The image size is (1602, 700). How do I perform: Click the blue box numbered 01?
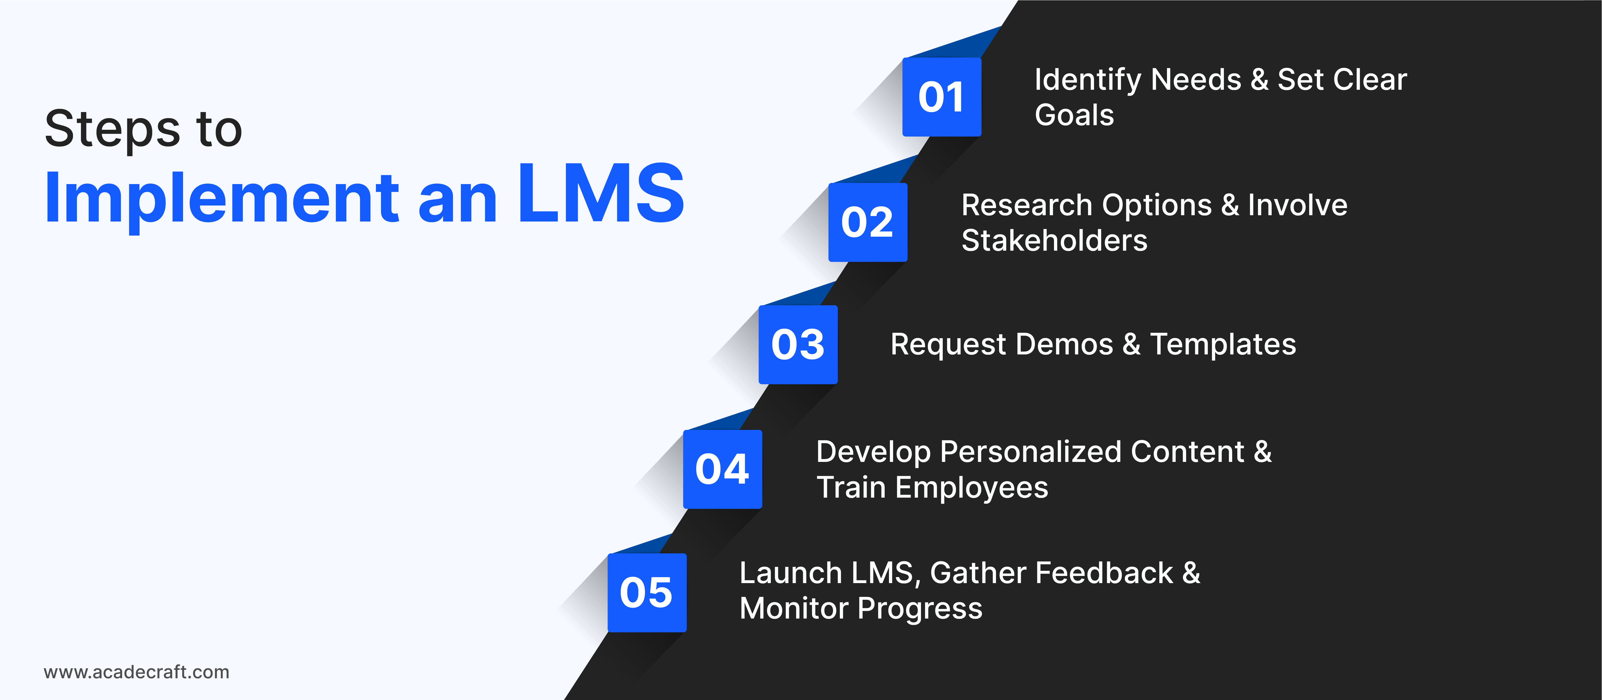point(942,97)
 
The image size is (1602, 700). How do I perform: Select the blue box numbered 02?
point(867,222)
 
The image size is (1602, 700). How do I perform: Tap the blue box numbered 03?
point(798,344)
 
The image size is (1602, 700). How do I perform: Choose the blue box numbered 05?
point(647,593)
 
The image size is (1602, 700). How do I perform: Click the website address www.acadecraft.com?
point(136,672)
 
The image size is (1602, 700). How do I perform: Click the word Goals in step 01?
point(1075,115)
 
